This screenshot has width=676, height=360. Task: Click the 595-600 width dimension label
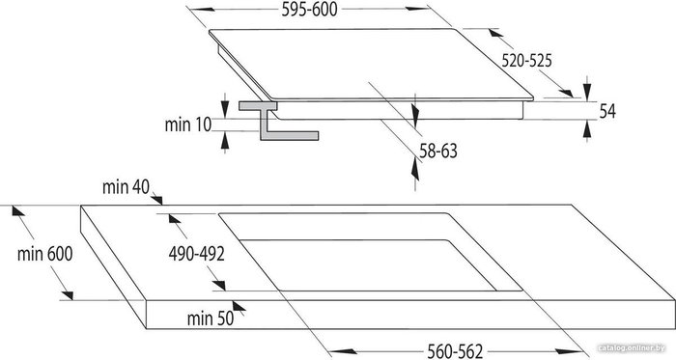309,10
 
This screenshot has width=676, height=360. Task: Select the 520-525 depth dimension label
526,61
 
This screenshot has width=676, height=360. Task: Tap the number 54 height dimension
607,111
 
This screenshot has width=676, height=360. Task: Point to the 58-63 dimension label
438,152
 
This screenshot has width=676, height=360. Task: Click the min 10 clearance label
188,125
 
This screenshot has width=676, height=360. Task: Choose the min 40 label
126,187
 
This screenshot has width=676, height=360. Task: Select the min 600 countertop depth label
44,254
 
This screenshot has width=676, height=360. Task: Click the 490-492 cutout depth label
197,254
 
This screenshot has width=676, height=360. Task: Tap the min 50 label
211,318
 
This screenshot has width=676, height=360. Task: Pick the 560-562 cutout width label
455,351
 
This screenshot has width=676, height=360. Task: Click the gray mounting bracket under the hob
274,122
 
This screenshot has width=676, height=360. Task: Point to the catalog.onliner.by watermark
632,347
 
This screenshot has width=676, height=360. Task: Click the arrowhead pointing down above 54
587,92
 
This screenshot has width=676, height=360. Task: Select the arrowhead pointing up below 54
587,129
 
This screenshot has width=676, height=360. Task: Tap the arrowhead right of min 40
156,199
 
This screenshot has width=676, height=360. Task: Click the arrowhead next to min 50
239,307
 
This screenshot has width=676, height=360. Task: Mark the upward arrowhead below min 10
225,141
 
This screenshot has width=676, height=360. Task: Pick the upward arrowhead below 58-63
414,168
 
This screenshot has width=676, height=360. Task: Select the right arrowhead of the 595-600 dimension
417,9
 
